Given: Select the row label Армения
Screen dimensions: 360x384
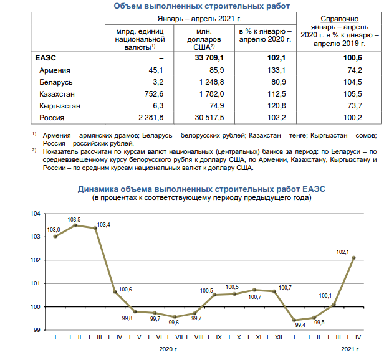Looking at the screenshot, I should [x=54, y=70].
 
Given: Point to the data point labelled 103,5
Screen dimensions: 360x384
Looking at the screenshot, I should [x=75, y=225].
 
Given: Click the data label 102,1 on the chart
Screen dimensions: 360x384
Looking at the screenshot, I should [x=343, y=252].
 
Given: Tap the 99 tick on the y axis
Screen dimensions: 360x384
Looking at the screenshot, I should [x=37, y=330].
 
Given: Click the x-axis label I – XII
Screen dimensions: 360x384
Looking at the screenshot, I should [x=274, y=337].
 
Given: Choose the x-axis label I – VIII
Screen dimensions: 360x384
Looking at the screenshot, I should [x=195, y=337].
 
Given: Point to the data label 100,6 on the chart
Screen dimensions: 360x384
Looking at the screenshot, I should [x=125, y=289].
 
